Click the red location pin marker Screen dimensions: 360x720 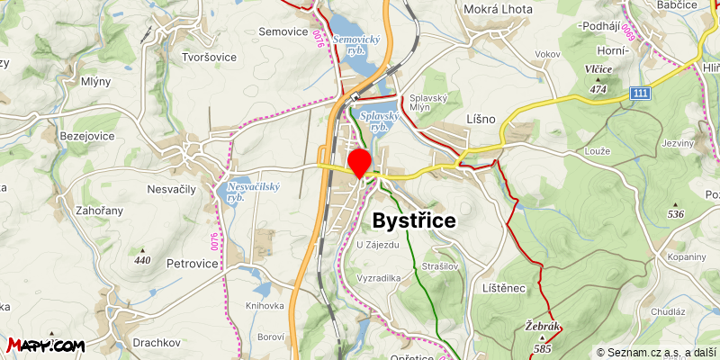click(360, 163)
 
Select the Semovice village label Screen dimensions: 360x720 click(283, 31)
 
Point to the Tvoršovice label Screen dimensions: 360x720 click(209, 57)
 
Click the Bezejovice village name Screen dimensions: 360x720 click(87, 135)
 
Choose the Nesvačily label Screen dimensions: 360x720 click(171, 189)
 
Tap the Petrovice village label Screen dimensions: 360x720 click(193, 264)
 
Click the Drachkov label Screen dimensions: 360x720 click(158, 343)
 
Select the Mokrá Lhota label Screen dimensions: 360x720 click(498, 9)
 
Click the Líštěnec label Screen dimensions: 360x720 click(503, 287)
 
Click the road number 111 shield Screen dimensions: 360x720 click(640, 94)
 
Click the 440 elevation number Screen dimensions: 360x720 click(142, 260)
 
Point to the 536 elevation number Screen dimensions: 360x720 click(676, 214)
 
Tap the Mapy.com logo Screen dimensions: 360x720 click(46, 345)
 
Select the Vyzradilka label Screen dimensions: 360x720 click(378, 279)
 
